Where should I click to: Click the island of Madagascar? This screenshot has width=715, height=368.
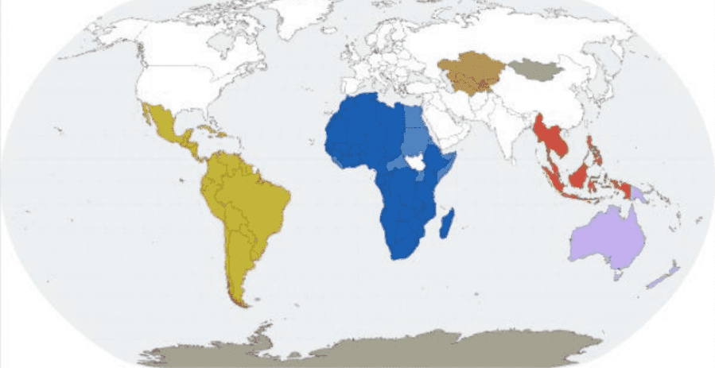[x=446, y=223]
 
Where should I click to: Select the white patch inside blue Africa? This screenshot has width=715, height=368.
[x=414, y=163]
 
